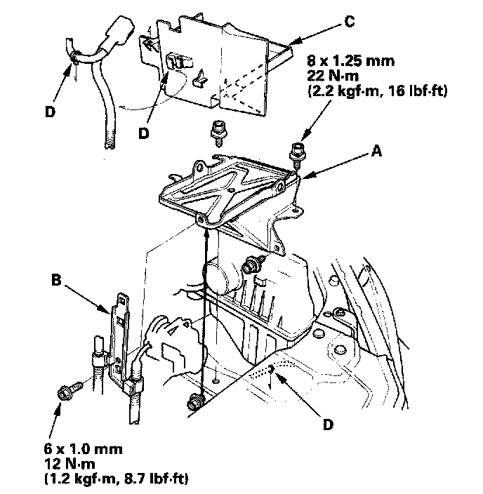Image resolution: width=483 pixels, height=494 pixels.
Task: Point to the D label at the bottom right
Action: [x=327, y=424]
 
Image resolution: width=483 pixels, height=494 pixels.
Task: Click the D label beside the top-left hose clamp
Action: [x=48, y=110]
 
